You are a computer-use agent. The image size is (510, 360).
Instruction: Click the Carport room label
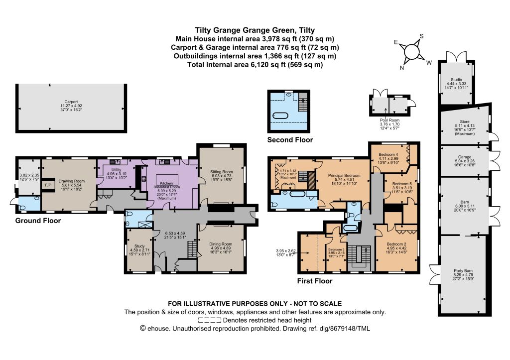[71, 102]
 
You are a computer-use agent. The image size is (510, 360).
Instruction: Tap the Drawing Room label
[72, 181]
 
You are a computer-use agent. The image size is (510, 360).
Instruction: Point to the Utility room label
[116, 170]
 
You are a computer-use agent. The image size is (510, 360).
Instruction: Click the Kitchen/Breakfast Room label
[166, 185]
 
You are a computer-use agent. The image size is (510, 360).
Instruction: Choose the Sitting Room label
[221, 172]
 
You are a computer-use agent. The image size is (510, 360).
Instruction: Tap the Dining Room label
[221, 244]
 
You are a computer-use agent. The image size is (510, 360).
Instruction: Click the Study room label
[139, 246]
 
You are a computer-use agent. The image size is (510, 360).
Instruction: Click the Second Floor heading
[290, 140]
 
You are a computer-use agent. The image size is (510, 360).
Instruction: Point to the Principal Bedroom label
[344, 175]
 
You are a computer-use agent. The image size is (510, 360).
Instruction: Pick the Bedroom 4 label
[388, 154]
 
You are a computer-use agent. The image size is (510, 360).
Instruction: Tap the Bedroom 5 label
[402, 184]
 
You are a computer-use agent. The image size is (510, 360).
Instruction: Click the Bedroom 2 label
[396, 244]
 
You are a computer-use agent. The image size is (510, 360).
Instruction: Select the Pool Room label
[389, 120]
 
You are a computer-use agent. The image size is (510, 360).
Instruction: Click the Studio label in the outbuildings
[456, 80]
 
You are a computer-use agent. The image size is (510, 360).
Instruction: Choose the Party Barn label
[463, 270]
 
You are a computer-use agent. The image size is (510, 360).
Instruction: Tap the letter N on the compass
[402, 68]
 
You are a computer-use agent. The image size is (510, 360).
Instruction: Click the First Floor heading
[315, 281]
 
